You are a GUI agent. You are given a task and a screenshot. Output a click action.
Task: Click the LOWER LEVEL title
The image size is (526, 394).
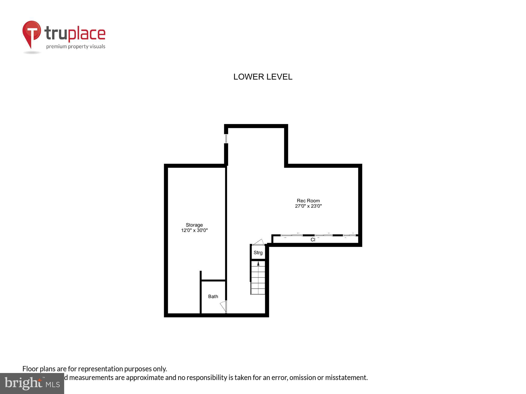point(263,77)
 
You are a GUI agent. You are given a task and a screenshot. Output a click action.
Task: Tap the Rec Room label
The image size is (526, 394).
point(308,201)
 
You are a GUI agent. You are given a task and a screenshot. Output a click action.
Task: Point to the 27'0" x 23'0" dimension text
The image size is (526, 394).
point(308,206)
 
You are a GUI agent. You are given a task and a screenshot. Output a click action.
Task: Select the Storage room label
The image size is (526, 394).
point(194,225)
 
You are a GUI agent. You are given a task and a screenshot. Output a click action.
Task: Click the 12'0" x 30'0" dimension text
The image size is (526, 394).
point(194,230)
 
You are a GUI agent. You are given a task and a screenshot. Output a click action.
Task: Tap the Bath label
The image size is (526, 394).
point(213,297)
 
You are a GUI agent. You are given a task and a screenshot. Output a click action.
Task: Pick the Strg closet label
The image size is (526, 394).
point(258,253)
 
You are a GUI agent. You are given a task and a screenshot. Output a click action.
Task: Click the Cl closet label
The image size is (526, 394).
point(313,240)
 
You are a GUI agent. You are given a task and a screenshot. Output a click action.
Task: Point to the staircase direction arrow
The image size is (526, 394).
point(258,263)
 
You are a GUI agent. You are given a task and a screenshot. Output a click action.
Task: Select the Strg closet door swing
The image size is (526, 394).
point(258,242)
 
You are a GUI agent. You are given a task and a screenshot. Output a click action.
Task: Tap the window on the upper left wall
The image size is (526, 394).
point(226,138)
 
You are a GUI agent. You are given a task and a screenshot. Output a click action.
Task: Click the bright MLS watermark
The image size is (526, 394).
point(32,383)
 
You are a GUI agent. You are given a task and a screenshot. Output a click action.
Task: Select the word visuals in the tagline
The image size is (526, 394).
point(97,46)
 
